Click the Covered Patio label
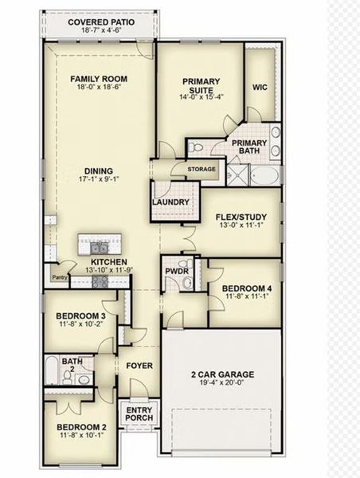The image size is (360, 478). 100,22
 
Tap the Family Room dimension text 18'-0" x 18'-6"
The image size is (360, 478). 100,88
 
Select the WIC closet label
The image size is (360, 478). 260,88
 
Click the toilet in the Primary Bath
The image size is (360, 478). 196,147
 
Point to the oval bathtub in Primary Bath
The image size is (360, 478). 264,174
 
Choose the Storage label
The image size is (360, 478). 202,170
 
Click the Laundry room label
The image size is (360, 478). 171,202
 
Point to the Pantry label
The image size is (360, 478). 59,277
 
